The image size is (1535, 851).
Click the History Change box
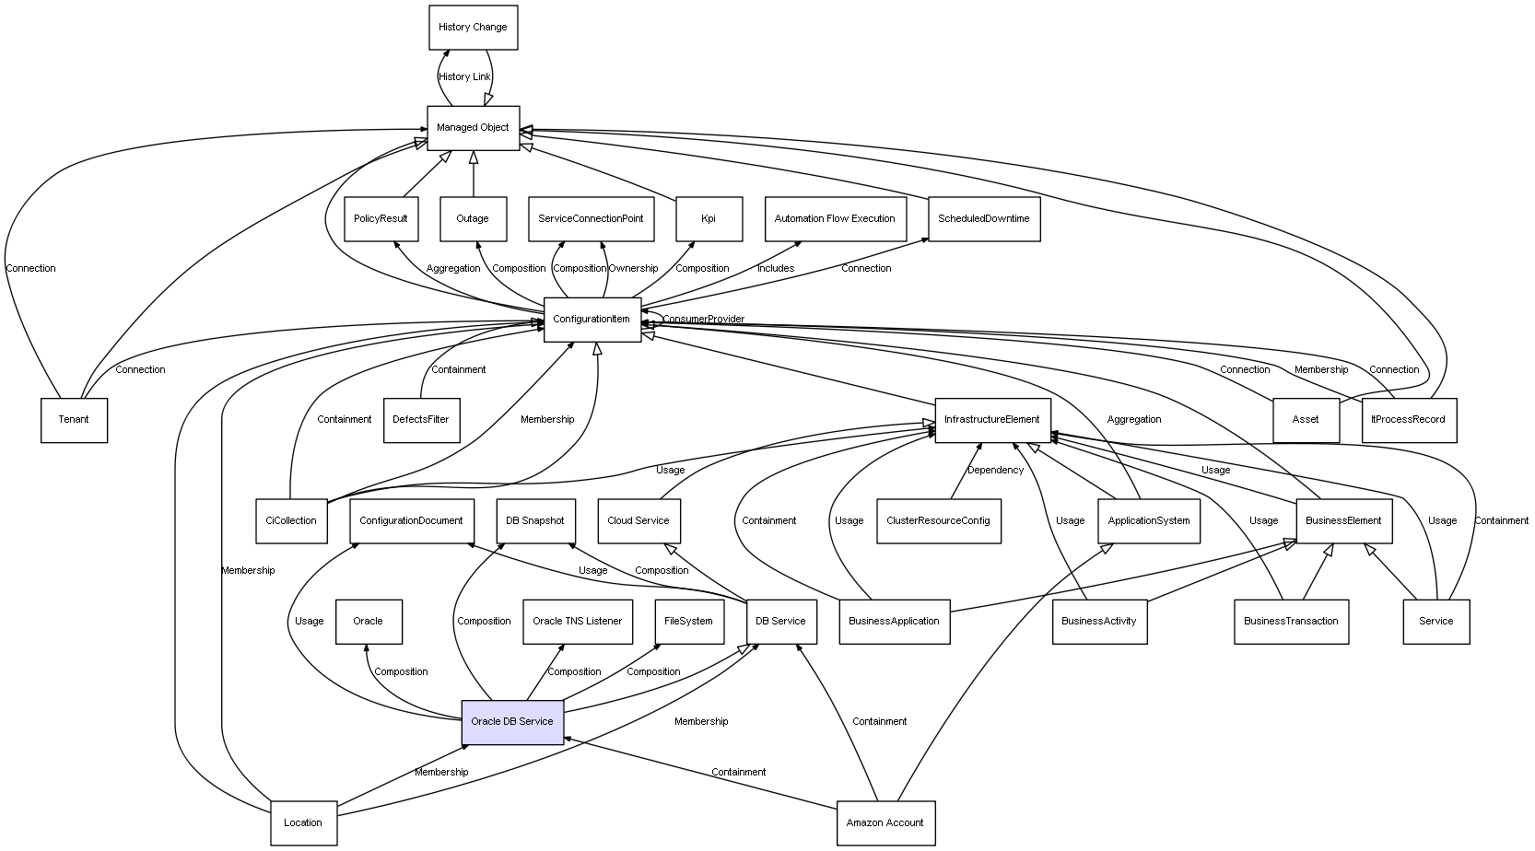(x=473, y=28)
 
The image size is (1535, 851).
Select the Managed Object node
(x=473, y=128)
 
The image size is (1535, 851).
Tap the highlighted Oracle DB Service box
(x=512, y=721)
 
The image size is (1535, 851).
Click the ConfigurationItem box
(x=592, y=320)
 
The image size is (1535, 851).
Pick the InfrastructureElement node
(x=991, y=420)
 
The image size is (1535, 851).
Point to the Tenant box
(x=74, y=420)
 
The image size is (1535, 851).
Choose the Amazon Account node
(x=885, y=822)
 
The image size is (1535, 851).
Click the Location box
(x=303, y=822)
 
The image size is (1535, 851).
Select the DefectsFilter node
(x=421, y=420)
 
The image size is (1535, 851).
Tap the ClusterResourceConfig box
(x=938, y=520)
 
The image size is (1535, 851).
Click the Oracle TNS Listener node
(x=578, y=621)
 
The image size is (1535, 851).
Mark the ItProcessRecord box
(x=1409, y=420)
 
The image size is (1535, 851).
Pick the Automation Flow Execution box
(x=835, y=219)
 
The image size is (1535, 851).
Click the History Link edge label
(x=465, y=77)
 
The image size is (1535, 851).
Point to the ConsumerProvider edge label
(x=703, y=320)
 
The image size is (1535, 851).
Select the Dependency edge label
(x=995, y=471)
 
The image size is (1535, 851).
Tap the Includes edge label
(x=776, y=269)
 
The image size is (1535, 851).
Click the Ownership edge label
(x=633, y=269)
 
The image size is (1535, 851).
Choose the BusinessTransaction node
(x=1291, y=621)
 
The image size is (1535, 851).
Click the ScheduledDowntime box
(x=983, y=219)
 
